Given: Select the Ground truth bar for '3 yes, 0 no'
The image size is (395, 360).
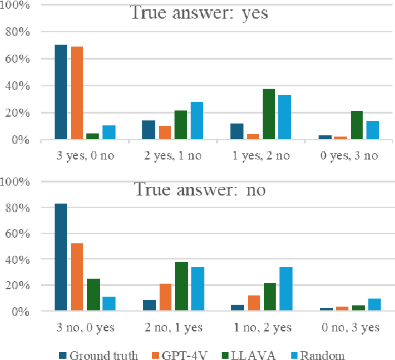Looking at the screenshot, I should point(61,92).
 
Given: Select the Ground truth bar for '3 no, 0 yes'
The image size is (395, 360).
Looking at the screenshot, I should point(61,257).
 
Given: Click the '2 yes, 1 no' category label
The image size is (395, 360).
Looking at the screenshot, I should point(173,156).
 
